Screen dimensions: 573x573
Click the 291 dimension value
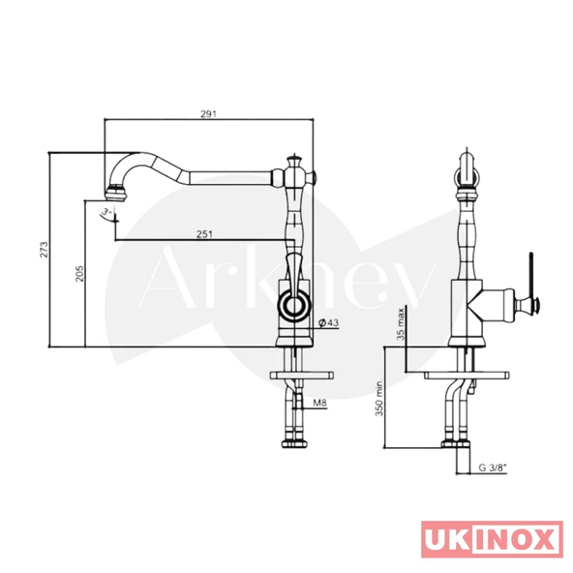[x=207, y=113]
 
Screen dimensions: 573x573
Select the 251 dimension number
[x=204, y=234]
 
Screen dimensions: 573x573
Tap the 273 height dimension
[x=41, y=250]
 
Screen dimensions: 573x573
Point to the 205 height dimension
[x=77, y=276]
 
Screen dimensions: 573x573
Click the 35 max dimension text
[x=401, y=326]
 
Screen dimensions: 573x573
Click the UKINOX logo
[x=492, y=538]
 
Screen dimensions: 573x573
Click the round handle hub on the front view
[x=292, y=309]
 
